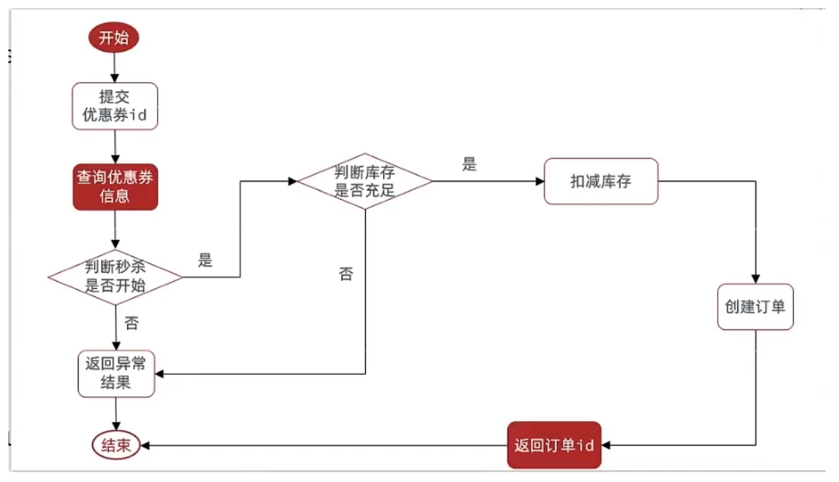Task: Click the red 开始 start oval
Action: pos(114,38)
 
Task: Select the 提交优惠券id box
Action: pos(115,106)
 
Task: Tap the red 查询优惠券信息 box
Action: pos(115,187)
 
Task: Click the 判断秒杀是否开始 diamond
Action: pos(115,277)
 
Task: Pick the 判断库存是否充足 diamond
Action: pos(364,181)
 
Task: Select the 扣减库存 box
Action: pos(601,181)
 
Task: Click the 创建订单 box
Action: pos(755,307)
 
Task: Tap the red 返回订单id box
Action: pos(554,446)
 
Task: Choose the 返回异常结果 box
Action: pos(115,374)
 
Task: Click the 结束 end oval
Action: pos(116,446)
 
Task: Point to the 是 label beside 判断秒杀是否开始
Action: pos(205,261)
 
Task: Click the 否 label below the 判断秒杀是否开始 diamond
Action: pos(131,324)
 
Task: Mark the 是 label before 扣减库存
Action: pos(469,165)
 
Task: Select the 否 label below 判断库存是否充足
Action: pos(346,274)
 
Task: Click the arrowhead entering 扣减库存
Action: pos(540,181)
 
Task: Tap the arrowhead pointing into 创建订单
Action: pos(756,279)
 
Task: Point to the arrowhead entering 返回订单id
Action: pos(606,446)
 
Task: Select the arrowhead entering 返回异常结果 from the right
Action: pos(161,374)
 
